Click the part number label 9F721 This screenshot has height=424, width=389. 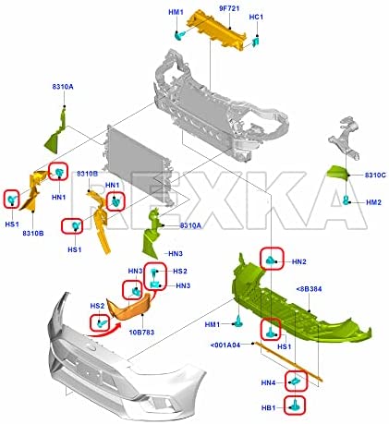pos(229,8)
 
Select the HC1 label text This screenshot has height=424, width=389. pos(256,17)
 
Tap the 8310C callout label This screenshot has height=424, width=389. pos(375,175)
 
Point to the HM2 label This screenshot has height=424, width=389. pos(373,202)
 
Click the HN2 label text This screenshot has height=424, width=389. pos(299,261)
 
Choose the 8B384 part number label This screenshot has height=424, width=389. pos(309,289)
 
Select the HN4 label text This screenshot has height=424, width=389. pos(268,382)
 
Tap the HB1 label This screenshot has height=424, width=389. pos(268,408)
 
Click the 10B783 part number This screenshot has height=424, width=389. pos(141,333)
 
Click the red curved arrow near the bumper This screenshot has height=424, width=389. pos(104,331)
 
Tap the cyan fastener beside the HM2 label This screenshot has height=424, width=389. pos(346,200)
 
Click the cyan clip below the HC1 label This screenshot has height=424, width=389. pos(255,42)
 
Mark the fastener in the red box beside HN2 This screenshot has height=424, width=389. pos(270,260)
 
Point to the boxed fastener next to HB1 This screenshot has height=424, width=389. pos(294,405)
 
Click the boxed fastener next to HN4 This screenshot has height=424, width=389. pos(295,382)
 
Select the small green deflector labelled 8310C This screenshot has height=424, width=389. pos(337,174)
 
